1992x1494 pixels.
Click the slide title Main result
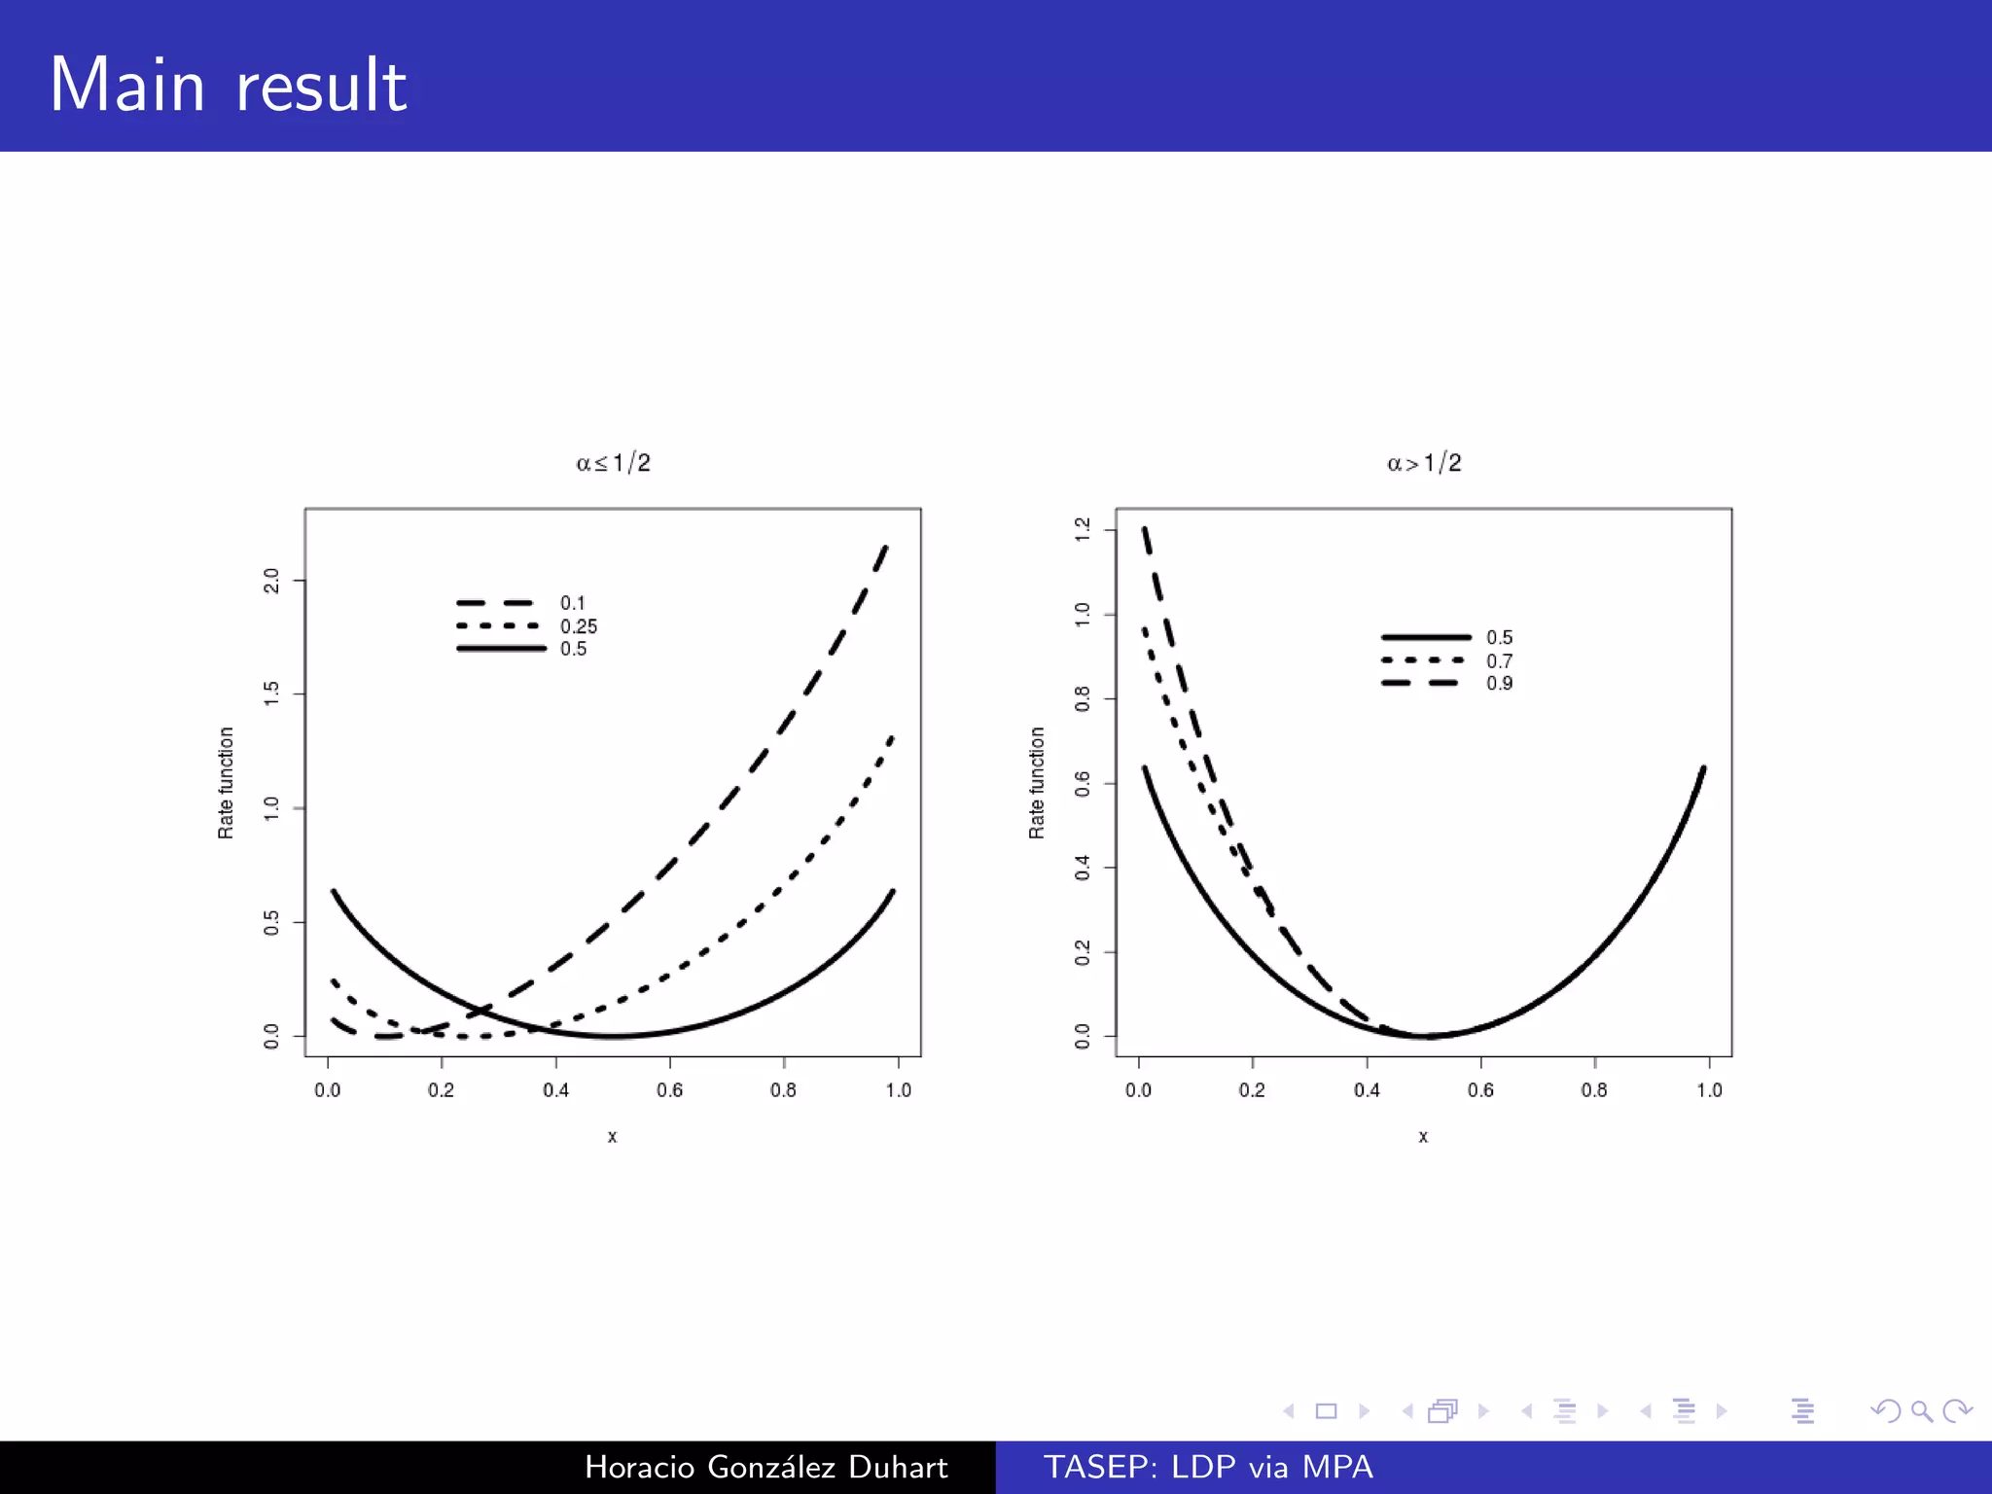coord(228,86)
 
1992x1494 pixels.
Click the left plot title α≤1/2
coord(613,463)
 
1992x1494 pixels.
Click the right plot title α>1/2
coord(1424,463)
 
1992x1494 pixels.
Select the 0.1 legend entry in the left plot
coord(572,603)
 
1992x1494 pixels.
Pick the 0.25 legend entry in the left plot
coord(578,626)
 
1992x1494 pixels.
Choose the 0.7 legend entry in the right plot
coord(1499,661)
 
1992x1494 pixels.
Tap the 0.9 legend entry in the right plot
coord(1499,684)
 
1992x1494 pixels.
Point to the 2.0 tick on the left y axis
coord(271,581)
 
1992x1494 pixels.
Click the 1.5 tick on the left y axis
coord(271,694)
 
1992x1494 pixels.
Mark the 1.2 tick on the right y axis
coord(1083,529)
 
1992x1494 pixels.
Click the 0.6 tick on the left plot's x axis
coord(669,1090)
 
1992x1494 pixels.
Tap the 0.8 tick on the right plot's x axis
coord(1594,1090)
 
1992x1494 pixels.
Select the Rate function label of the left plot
coord(226,783)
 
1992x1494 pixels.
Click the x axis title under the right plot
coord(1423,1136)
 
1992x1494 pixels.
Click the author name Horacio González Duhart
coord(765,1467)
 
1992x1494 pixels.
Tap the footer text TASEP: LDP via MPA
coord(1208,1467)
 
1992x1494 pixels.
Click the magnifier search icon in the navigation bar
coord(1921,1410)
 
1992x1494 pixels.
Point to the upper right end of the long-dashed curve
coord(885,548)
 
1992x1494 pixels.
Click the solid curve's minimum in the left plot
coord(613,1036)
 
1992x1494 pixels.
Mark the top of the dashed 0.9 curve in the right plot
coord(1145,530)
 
